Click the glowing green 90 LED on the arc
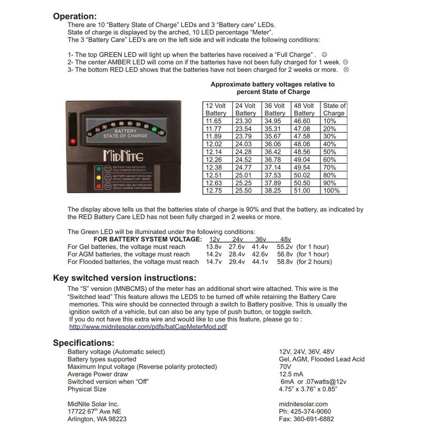(x=154, y=129)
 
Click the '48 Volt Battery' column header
(x=304, y=109)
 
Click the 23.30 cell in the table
(x=245, y=122)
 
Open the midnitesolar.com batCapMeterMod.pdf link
(x=149, y=326)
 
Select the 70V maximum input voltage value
(x=286, y=366)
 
